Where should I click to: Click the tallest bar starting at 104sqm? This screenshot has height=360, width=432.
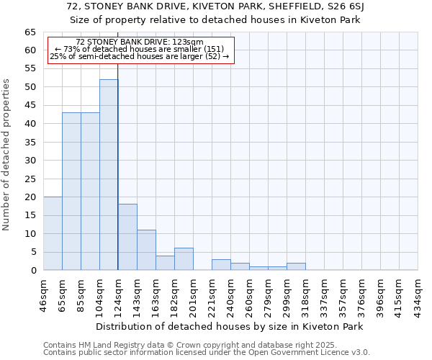[x=109, y=175]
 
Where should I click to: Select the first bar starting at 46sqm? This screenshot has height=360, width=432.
[x=53, y=233]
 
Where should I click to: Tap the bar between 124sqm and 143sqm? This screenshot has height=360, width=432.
[x=127, y=237]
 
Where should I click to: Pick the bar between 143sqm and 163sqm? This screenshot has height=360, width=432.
[x=146, y=250]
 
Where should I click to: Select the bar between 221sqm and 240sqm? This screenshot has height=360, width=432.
[x=221, y=264]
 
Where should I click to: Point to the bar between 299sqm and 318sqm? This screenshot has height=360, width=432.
[x=296, y=266]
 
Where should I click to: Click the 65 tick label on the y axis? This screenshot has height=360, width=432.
[x=30, y=32]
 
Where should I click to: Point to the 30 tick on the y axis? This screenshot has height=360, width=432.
[x=30, y=161]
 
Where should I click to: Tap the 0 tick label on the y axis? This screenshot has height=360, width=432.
[x=33, y=271]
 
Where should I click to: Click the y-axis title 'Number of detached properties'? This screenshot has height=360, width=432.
[x=7, y=155]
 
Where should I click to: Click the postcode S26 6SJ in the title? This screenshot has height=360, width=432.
[x=347, y=7]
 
